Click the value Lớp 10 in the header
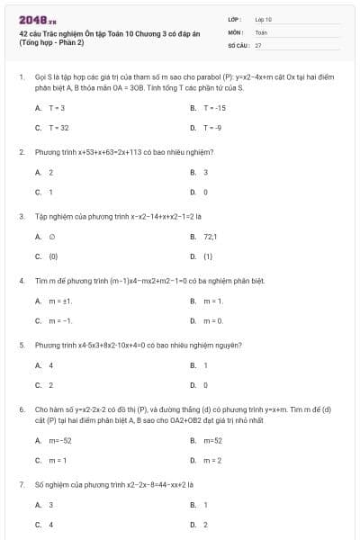[263, 19]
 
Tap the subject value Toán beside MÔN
[261, 31]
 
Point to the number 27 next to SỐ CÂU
[258, 44]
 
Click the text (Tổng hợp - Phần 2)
[51, 42]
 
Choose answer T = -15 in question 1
[214, 107]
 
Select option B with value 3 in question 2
[206, 172]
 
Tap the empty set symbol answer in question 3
[51, 237]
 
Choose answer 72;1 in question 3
[211, 237]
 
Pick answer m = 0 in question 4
[213, 320]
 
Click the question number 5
[21, 345]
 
